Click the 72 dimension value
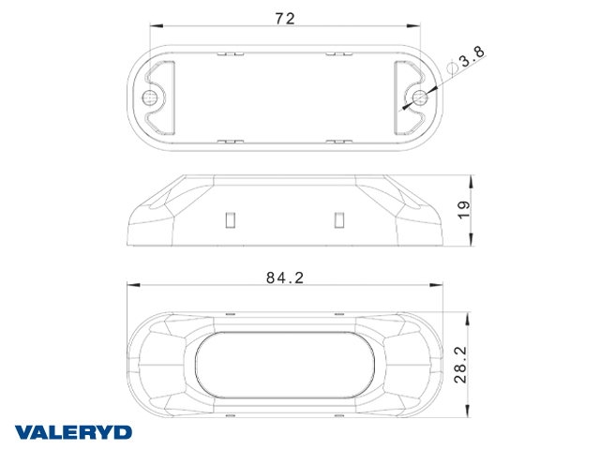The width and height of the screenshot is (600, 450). [285, 19]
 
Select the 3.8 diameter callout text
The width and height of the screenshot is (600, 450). [472, 56]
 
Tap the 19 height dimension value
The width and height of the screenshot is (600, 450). [464, 210]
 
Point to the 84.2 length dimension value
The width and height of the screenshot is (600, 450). [285, 277]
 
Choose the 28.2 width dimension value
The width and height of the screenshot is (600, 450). [460, 365]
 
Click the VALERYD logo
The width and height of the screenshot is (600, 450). [73, 432]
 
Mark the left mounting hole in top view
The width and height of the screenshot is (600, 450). [149, 97]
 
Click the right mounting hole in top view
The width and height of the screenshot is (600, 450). [420, 97]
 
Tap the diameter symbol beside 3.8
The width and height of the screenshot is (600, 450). [452, 68]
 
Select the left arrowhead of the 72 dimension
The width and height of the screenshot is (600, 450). [157, 26]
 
